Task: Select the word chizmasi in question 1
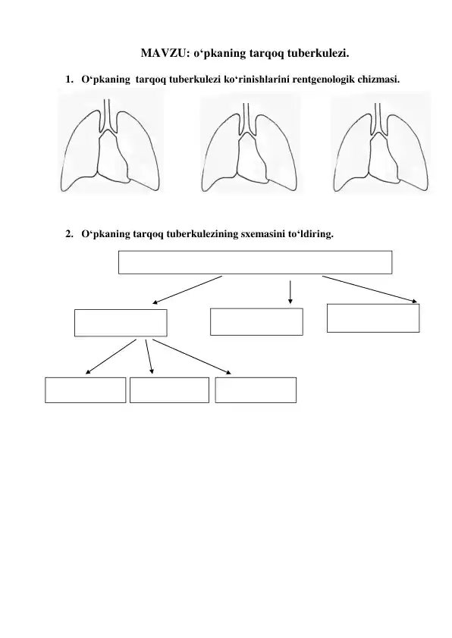pyautogui.click(x=378, y=79)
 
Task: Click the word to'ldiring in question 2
pyautogui.click(x=311, y=234)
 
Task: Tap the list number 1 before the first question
pyautogui.click(x=69, y=80)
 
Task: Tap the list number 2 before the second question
pyautogui.click(x=69, y=234)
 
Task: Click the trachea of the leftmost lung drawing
pyautogui.click(x=107, y=114)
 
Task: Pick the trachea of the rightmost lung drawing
pyautogui.click(x=378, y=118)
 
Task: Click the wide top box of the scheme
pyautogui.click(x=256, y=262)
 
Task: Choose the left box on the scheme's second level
pyautogui.click(x=121, y=323)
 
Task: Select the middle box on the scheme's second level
pyautogui.click(x=256, y=322)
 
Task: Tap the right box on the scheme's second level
pyautogui.click(x=373, y=318)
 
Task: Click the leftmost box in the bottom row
pyautogui.click(x=86, y=390)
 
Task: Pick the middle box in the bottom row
pyautogui.click(x=169, y=390)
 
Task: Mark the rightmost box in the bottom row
pyautogui.click(x=256, y=390)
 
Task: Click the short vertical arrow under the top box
pyautogui.click(x=290, y=292)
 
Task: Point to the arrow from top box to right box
pyautogui.click(x=370, y=289)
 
